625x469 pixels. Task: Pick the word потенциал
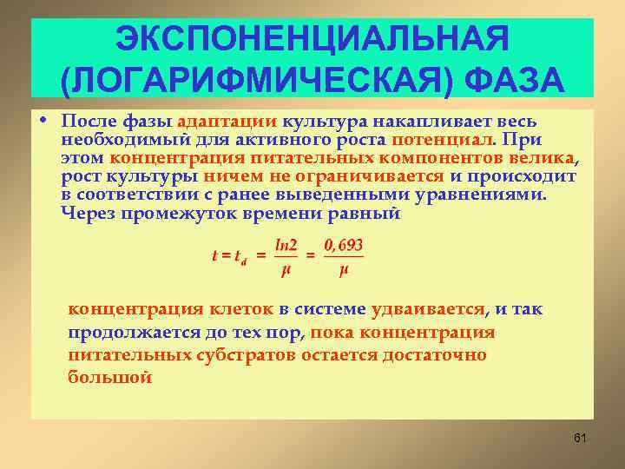(442, 139)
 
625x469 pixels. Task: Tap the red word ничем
(230, 175)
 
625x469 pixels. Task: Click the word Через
(89, 213)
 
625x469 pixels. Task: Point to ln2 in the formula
(286, 246)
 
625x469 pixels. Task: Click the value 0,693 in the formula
(343, 246)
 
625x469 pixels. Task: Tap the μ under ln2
(286, 269)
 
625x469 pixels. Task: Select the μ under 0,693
(344, 269)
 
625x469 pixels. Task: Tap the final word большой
(109, 377)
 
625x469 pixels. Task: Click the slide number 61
(580, 438)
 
